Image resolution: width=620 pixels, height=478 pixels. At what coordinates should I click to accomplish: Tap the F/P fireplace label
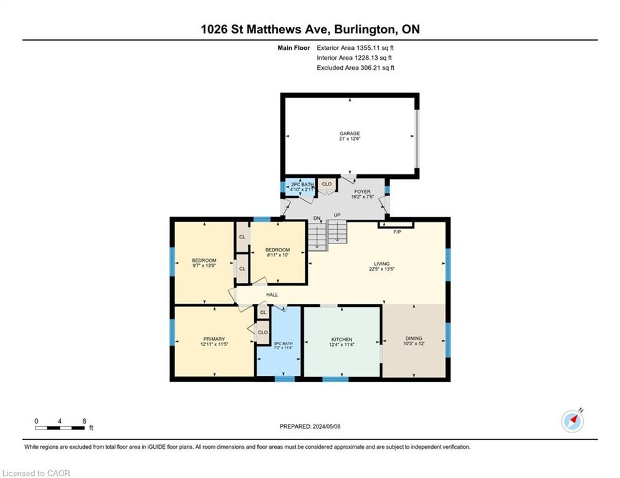(x=398, y=232)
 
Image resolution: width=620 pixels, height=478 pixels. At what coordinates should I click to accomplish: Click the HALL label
(x=272, y=294)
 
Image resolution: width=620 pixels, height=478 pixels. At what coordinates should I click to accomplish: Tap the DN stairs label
(x=317, y=218)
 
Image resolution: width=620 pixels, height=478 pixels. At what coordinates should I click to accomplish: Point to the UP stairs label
(x=337, y=215)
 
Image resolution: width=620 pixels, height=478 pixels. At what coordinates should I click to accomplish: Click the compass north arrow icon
(x=573, y=421)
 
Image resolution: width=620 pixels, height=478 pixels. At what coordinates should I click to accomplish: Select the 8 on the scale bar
(x=84, y=421)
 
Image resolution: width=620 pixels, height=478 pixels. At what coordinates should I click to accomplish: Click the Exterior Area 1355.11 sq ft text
(x=355, y=48)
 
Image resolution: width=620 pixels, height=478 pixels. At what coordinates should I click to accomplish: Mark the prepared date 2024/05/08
(x=327, y=426)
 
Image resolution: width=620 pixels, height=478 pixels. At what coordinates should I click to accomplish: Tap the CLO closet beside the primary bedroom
(x=262, y=332)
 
